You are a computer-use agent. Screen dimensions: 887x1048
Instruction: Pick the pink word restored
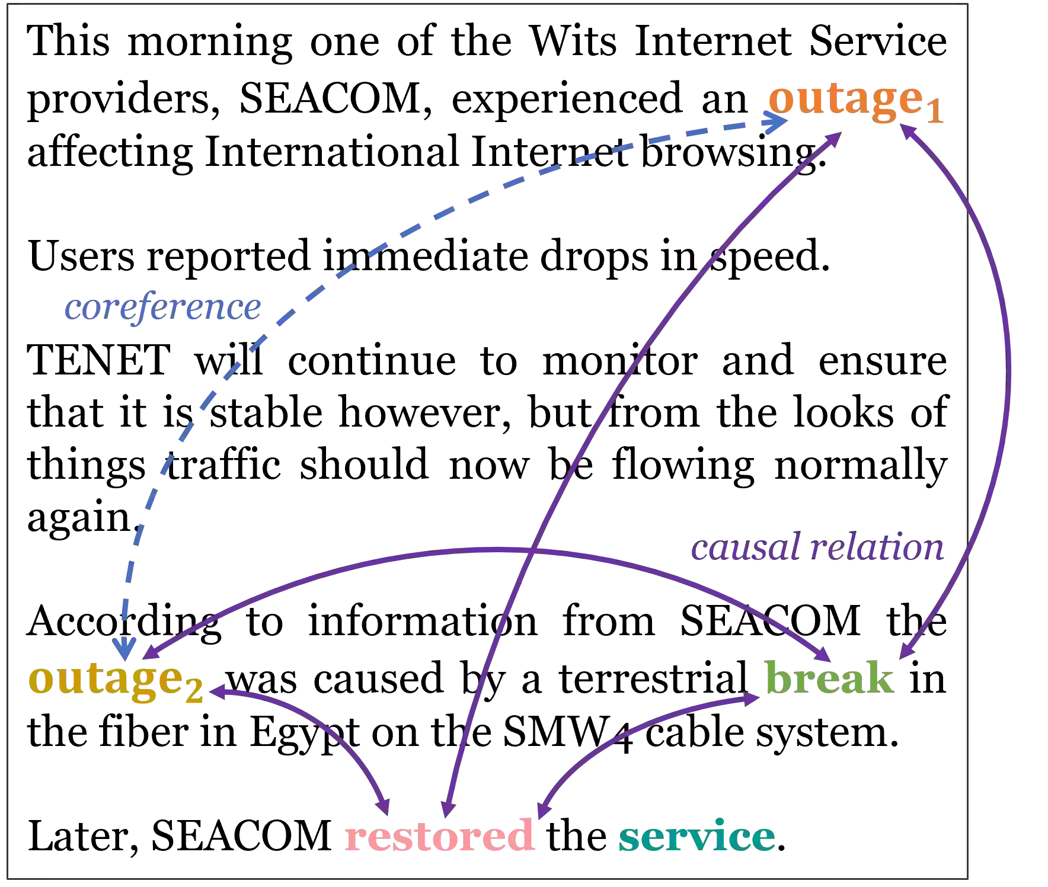pyautogui.click(x=439, y=835)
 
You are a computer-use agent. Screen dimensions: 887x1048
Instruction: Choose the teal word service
pyautogui.click(x=696, y=837)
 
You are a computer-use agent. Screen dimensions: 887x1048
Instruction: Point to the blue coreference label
pyautogui.click(x=161, y=308)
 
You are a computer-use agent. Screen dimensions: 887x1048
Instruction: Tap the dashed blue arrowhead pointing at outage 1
pyautogui.click(x=777, y=123)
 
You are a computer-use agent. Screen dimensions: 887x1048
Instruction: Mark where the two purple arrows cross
pyautogui.click(x=532, y=551)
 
